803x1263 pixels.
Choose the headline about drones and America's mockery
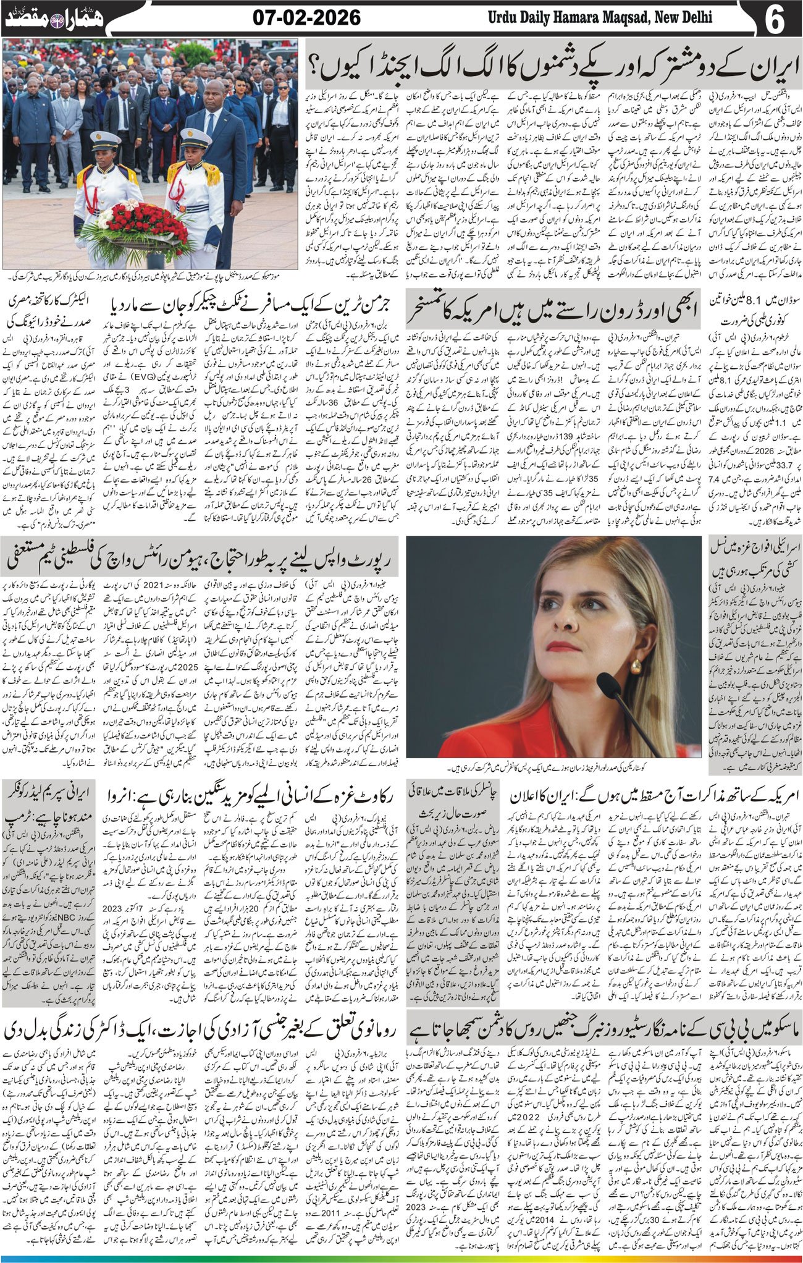click(x=553, y=311)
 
